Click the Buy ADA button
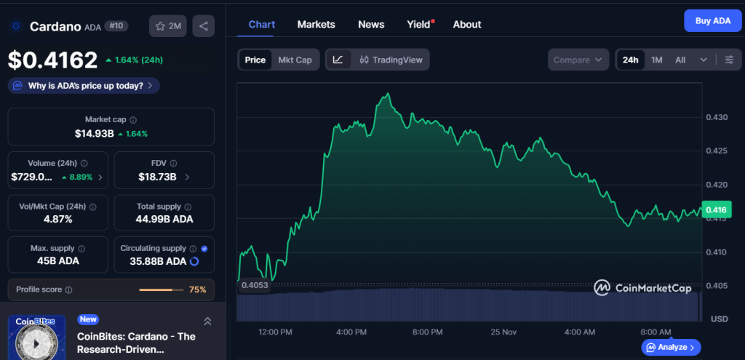[712, 21]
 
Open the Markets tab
[316, 24]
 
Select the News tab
[371, 24]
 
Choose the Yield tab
[419, 24]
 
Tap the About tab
[467, 24]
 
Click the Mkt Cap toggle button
[295, 60]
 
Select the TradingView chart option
[391, 60]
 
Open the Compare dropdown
[578, 60]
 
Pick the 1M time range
[656, 60]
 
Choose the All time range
[680, 60]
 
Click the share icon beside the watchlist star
[204, 26]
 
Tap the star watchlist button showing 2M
[168, 26]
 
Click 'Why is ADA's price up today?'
[84, 86]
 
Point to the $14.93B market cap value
[95, 134]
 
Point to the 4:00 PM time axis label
[351, 332]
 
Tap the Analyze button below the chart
[671, 347]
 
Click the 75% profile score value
[197, 289]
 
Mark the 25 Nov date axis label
[503, 332]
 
